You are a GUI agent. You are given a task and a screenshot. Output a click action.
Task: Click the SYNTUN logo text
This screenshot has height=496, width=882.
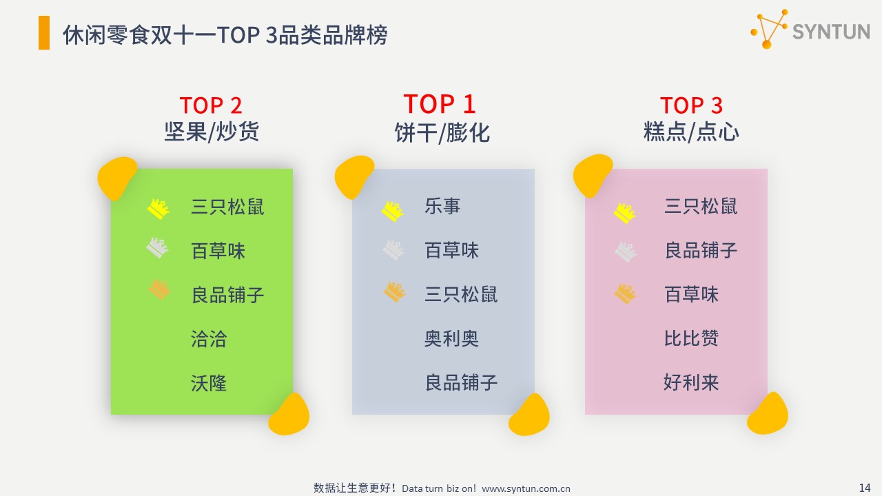[x=831, y=32]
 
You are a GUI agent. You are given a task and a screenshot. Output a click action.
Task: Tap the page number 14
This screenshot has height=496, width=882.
[x=865, y=488]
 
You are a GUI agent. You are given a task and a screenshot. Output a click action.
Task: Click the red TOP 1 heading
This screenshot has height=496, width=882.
[x=440, y=104]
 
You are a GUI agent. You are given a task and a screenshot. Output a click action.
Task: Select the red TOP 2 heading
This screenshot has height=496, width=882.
[x=211, y=105]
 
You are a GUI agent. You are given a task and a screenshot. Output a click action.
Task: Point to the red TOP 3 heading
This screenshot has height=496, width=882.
[x=691, y=105]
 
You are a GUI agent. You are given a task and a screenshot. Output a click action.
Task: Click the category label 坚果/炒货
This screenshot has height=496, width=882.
[x=212, y=132]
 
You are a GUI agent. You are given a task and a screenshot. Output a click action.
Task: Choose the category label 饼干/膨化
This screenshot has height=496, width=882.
[x=442, y=133]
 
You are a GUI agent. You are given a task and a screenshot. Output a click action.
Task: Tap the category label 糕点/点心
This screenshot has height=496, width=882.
[x=691, y=132]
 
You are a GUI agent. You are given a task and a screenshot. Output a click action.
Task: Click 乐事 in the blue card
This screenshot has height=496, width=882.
[x=442, y=206]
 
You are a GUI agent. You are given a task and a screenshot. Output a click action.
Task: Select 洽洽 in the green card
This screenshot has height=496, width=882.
[x=209, y=338]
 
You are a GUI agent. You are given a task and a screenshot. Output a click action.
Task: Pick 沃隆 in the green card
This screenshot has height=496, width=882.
[x=209, y=382]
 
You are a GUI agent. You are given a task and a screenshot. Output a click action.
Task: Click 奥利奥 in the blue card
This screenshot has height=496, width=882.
[x=451, y=338]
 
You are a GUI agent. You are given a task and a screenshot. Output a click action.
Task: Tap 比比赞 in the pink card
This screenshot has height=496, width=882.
[x=691, y=338]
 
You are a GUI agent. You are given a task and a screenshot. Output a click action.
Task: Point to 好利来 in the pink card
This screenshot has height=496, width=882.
[x=691, y=382]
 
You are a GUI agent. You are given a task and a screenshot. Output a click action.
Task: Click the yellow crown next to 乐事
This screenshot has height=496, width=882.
[x=393, y=211]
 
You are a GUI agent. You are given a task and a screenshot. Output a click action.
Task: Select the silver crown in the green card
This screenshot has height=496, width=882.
[x=158, y=247]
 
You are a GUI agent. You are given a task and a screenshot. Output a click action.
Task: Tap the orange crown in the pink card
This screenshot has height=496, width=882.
[x=625, y=293]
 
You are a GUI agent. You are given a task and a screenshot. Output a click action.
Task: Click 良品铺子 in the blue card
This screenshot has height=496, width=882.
[x=461, y=382]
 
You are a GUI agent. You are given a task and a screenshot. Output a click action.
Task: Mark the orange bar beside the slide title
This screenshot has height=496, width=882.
[x=44, y=32]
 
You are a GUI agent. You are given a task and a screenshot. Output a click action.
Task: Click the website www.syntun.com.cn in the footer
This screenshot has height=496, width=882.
[x=526, y=488]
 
